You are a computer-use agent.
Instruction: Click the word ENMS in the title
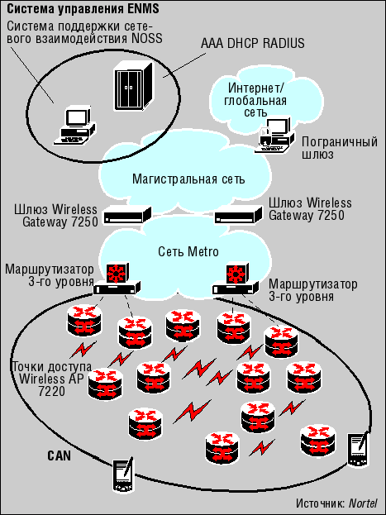[143, 9]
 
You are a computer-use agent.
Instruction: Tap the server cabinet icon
[133, 85]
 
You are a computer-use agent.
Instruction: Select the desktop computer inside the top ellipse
[75, 125]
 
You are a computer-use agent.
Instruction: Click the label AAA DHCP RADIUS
[253, 43]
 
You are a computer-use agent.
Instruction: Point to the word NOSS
[147, 38]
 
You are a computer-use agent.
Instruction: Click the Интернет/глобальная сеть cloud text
[255, 100]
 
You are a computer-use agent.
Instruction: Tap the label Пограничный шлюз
[340, 149]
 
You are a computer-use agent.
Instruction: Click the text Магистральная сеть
[188, 179]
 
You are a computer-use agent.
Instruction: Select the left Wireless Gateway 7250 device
[127, 215]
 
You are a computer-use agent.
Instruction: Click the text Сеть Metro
[188, 252]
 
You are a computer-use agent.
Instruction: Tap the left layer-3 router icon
[117, 279]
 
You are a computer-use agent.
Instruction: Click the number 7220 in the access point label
[51, 391]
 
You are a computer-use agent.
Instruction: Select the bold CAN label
[60, 455]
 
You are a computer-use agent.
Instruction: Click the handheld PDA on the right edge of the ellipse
[358, 450]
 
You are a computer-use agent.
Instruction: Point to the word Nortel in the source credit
[363, 503]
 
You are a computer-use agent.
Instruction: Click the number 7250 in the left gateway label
[84, 222]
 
